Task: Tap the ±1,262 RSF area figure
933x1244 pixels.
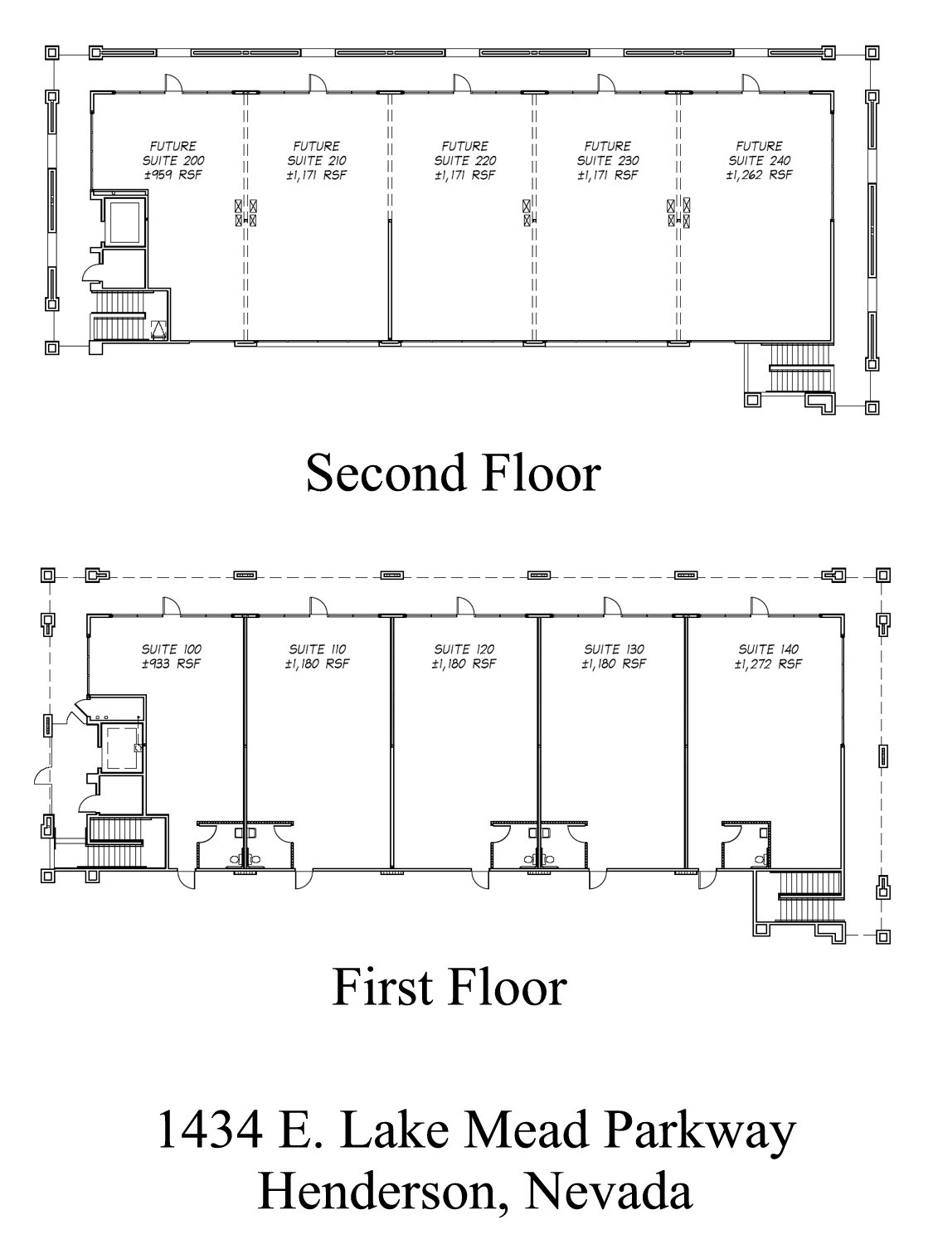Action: (760, 175)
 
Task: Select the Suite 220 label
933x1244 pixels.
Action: (465, 160)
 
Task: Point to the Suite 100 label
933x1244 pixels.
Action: (172, 649)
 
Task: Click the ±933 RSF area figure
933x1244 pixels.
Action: (172, 663)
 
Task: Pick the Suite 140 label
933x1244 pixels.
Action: (768, 649)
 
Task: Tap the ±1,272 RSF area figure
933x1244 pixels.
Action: (768, 663)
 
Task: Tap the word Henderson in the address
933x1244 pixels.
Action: (372, 1192)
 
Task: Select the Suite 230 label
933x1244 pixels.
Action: (608, 160)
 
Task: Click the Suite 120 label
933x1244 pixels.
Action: (464, 649)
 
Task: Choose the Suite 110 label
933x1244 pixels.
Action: (318, 649)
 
